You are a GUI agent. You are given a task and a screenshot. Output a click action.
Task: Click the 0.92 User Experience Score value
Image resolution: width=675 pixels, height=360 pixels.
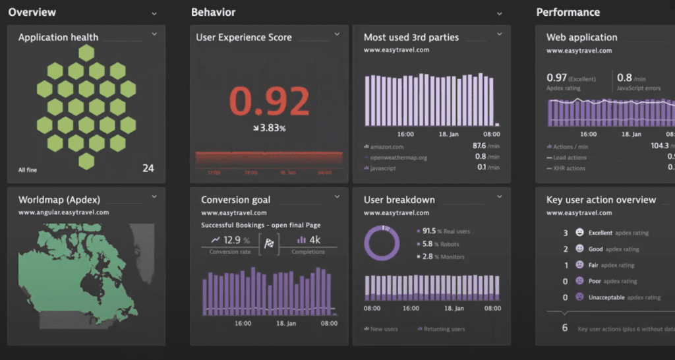pos(269,102)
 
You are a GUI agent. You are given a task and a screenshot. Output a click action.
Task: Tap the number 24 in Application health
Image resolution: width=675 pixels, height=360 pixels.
pos(148,168)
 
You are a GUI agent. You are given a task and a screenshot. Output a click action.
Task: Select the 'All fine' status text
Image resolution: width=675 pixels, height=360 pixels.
pos(28,170)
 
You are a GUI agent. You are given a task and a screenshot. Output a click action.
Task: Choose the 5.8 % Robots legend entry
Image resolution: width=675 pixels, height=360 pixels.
pos(441,244)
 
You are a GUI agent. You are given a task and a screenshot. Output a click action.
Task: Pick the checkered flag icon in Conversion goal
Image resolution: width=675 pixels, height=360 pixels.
pos(269,243)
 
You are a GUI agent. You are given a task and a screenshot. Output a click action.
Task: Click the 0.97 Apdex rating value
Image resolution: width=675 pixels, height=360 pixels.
pos(556,78)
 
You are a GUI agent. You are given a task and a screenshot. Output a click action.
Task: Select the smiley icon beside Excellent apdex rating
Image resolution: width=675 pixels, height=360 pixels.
pos(579,233)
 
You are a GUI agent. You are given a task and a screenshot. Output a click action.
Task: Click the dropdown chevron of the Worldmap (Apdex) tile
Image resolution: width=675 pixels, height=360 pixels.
pos(154,196)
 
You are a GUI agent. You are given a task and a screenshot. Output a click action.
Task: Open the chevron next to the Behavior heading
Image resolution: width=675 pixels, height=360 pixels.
pos(499,13)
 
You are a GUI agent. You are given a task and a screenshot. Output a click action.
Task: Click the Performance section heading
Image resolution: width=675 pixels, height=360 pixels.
pos(568,13)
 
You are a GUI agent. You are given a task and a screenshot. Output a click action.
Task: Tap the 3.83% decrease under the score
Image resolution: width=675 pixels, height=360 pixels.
pos(268,128)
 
